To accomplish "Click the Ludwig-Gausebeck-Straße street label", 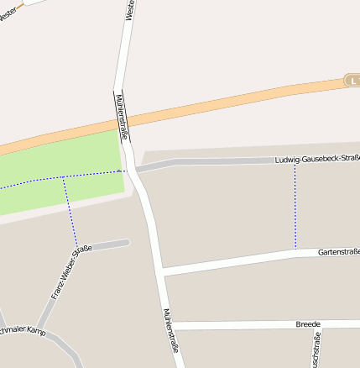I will point(316,158).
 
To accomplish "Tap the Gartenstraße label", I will point(338,251).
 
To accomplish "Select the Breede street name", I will point(309,323).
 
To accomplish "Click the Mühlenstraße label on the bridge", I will point(122,110).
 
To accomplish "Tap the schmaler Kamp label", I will point(23,330).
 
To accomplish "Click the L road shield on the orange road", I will point(353,81).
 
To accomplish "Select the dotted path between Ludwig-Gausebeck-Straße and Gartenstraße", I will point(295,206).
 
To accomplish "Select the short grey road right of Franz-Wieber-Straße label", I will point(110,244).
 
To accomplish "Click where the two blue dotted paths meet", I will point(63,178).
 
